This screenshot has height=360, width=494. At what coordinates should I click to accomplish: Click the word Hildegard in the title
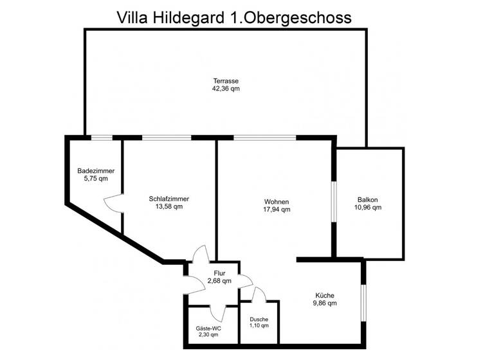(x=191, y=17)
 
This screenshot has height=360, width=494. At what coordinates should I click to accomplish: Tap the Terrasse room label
(x=226, y=81)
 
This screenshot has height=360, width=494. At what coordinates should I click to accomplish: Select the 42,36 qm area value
(x=226, y=89)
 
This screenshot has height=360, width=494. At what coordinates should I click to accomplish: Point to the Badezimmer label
(x=96, y=171)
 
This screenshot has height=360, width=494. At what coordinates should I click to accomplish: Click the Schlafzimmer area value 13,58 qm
(x=169, y=207)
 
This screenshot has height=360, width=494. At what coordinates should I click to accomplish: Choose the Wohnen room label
(x=277, y=201)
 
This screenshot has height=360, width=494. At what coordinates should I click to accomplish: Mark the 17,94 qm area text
(x=277, y=210)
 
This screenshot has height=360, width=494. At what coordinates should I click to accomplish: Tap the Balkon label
(x=368, y=199)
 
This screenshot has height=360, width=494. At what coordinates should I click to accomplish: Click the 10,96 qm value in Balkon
(x=368, y=207)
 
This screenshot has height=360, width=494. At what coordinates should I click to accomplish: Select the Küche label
(x=325, y=294)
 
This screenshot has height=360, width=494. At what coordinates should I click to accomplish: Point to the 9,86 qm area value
(x=325, y=303)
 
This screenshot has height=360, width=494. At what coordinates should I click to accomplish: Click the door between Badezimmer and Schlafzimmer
(x=114, y=203)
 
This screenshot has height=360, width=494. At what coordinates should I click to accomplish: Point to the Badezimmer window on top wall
(x=102, y=137)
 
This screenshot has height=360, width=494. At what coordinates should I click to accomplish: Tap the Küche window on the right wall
(x=363, y=301)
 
